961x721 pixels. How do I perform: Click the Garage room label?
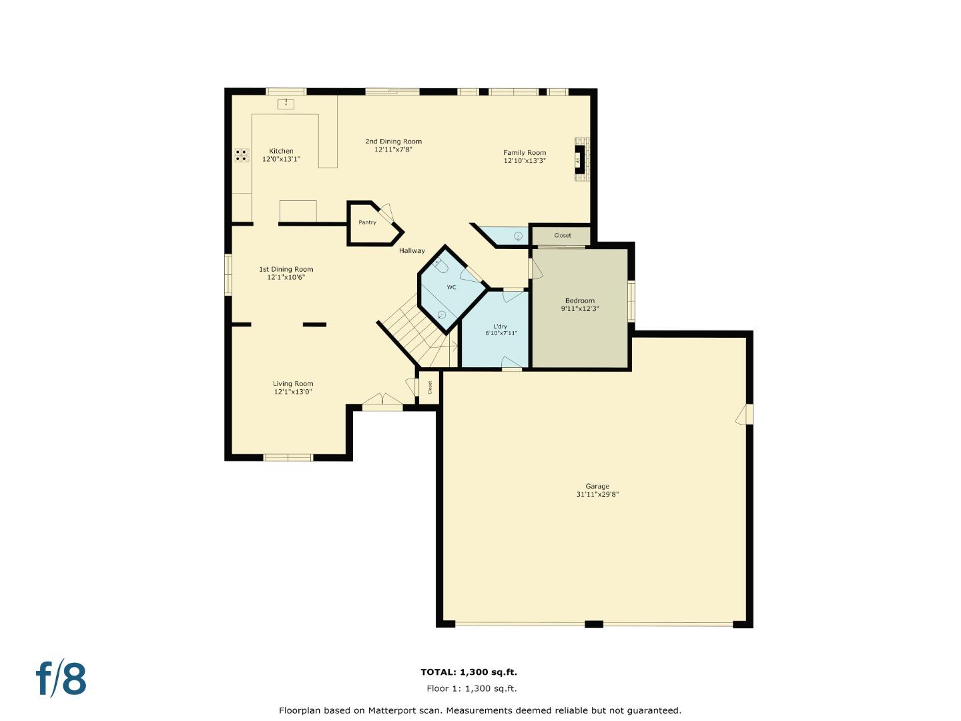click(597, 487)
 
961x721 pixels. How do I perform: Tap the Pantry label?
click(367, 222)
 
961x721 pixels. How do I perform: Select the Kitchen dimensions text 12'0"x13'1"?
click(281, 160)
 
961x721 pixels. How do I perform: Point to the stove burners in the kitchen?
click(242, 156)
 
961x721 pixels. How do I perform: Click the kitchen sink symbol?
click(286, 103)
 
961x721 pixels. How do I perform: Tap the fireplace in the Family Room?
click(580, 159)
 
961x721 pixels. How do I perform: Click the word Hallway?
click(412, 251)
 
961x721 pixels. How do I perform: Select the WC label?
click(451, 288)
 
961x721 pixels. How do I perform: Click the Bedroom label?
click(579, 300)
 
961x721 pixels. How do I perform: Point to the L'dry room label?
click(501, 326)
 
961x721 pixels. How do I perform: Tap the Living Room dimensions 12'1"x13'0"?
click(293, 392)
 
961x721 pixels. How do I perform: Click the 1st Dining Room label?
click(286, 269)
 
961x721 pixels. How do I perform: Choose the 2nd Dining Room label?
click(393, 142)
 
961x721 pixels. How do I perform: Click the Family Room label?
click(525, 153)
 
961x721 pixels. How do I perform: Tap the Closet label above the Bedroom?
click(562, 236)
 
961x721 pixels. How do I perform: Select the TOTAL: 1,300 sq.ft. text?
click(468, 672)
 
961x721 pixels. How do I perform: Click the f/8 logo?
click(61, 678)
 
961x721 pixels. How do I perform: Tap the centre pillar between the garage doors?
click(594, 624)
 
